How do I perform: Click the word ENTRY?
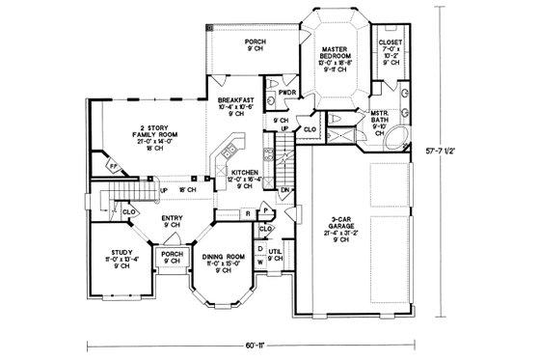coord(173,218)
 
